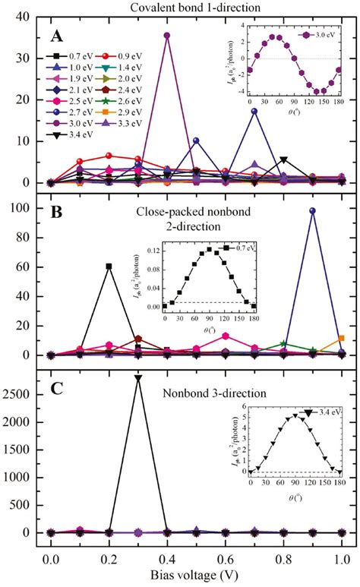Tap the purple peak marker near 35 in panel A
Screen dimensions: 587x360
167,35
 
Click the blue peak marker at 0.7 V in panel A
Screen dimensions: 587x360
254,111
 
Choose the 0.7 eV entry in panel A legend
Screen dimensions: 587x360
72,57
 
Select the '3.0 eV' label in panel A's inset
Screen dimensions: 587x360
320,34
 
